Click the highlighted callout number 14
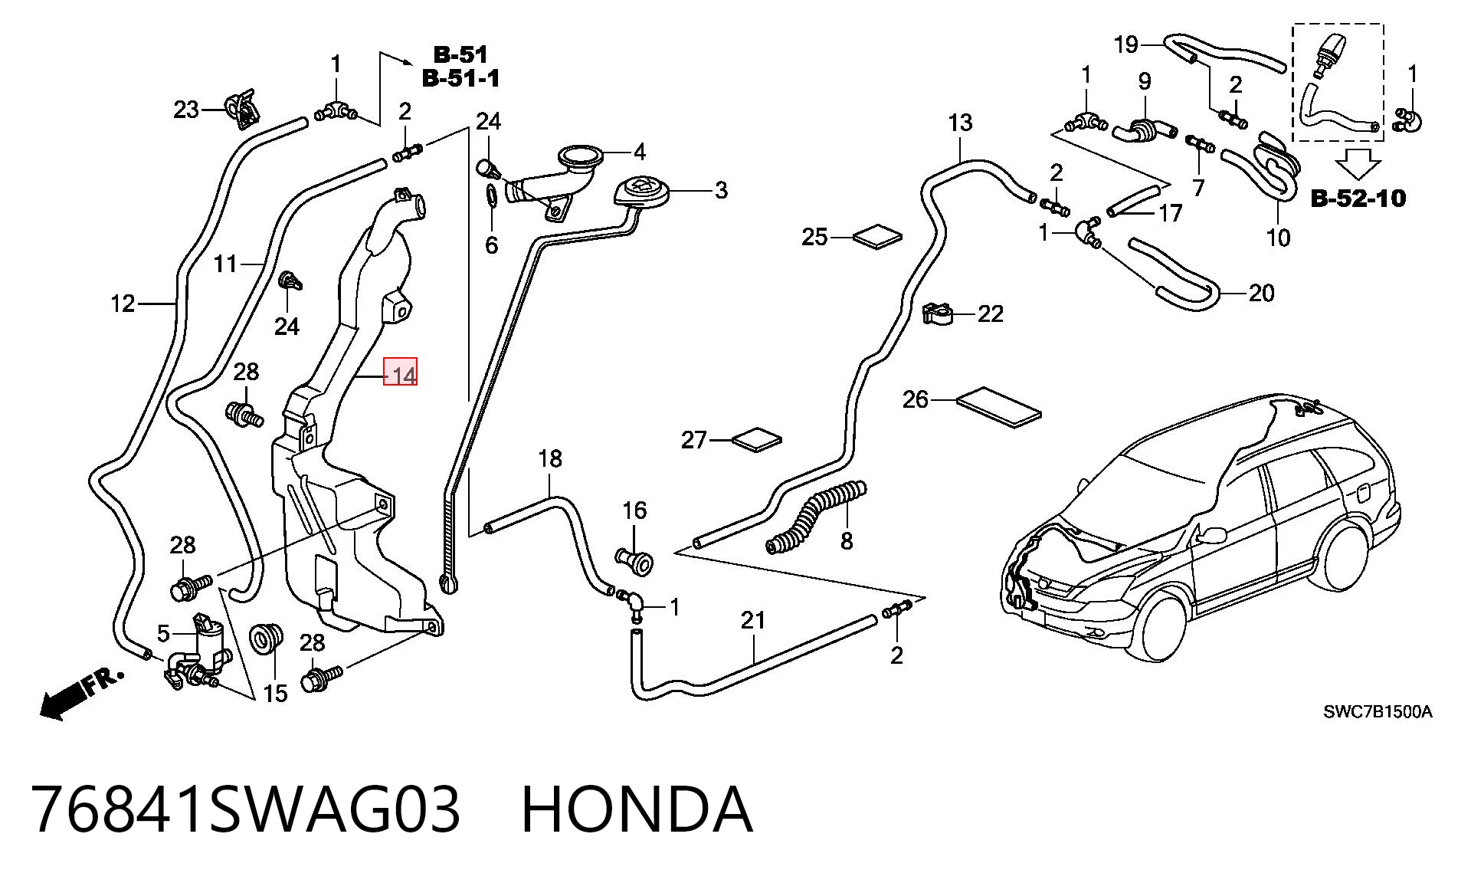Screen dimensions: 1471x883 click(401, 376)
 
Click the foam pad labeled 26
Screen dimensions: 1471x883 click(1000, 407)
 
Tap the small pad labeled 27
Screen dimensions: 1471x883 click(757, 440)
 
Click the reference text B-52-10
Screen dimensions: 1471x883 click(1358, 199)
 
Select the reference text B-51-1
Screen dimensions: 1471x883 click(460, 77)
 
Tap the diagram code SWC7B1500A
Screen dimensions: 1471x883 click(1378, 712)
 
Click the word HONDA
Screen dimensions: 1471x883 click(637, 809)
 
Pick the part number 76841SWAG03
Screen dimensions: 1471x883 click(247, 809)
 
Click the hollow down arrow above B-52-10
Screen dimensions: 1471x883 click(1358, 164)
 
